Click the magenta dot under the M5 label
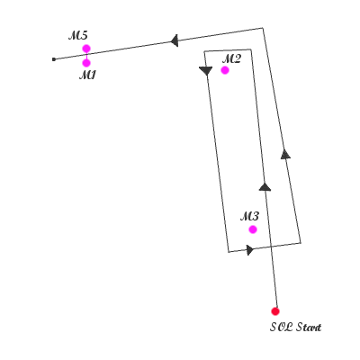coord(86,49)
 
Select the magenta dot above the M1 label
coord(86,63)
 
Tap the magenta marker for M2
coord(225,70)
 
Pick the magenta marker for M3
coord(253,229)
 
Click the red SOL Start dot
coord(275,311)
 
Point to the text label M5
coord(78,36)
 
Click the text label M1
coord(87,76)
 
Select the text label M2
coord(231,59)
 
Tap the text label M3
coord(249,216)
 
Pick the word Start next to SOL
coord(309,327)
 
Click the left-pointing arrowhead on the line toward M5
coord(175,40)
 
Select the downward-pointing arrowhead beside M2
coord(206,71)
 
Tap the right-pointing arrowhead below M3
coord(250,249)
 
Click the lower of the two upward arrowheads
coord(265,186)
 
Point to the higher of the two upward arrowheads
coord(285,154)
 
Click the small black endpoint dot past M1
coord(54,59)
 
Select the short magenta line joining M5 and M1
coord(86,56)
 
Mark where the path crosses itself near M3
coord(271,247)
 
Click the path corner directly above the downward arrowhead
coord(204,51)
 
